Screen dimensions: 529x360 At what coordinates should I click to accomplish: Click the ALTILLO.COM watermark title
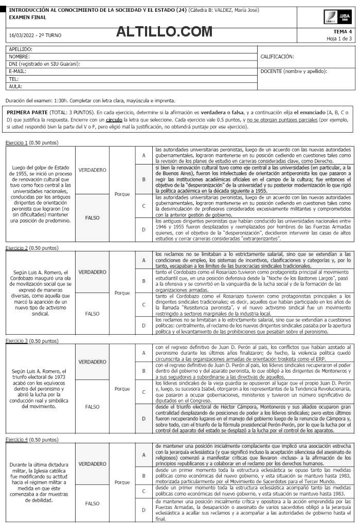click(161, 32)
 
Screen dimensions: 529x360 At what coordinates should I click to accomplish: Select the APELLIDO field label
click(21, 49)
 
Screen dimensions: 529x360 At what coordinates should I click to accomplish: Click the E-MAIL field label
click(17, 71)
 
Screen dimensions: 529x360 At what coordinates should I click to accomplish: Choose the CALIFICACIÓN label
click(277, 57)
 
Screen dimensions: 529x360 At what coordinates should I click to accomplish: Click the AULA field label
click(15, 86)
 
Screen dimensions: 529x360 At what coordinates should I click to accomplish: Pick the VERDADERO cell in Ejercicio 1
click(92, 170)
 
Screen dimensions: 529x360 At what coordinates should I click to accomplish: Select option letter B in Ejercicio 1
click(143, 179)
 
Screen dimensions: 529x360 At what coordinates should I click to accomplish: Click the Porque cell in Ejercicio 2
click(122, 293)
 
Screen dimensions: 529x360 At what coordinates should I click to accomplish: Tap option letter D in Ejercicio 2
click(143, 325)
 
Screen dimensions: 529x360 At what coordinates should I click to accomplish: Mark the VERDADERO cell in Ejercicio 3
click(92, 361)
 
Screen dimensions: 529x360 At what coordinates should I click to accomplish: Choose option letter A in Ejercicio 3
click(143, 353)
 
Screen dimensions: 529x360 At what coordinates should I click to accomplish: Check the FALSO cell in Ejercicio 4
click(92, 503)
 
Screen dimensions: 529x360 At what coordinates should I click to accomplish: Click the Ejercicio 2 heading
click(31, 248)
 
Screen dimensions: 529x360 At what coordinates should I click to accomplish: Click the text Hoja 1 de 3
click(339, 39)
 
